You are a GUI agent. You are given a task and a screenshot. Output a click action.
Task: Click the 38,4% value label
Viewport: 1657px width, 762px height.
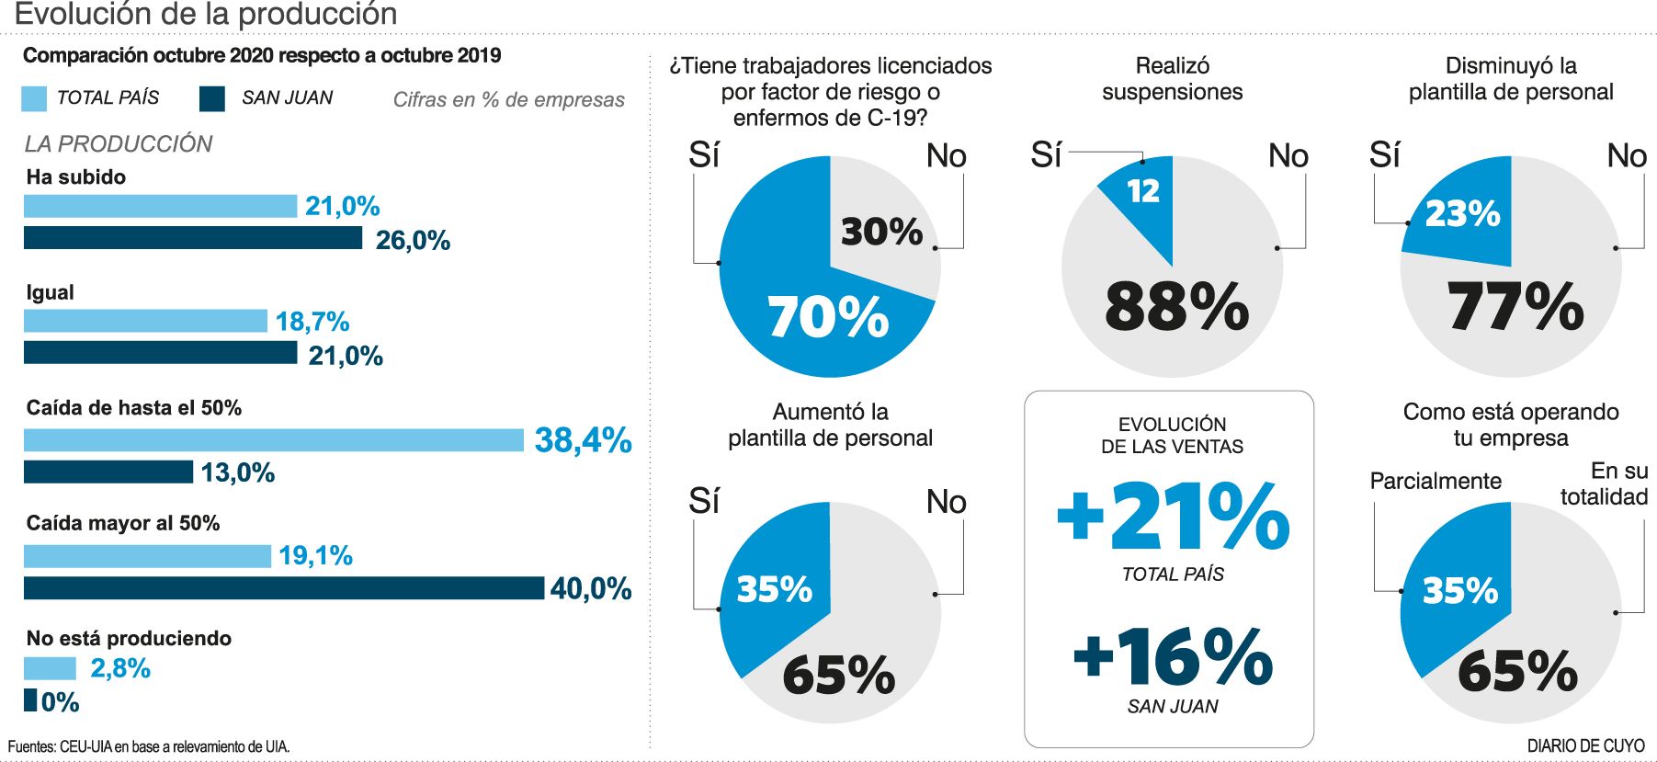583,440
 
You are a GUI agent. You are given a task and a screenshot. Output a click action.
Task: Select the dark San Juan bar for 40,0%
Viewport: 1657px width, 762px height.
284,588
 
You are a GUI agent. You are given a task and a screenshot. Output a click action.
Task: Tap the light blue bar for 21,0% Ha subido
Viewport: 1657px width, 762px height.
160,206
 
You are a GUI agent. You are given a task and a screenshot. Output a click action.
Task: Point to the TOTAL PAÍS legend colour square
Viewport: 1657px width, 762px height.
34,98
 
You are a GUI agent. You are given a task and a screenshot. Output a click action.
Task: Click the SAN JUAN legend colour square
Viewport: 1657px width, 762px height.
212,98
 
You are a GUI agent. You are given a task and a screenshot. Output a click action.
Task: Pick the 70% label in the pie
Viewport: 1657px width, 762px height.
828,317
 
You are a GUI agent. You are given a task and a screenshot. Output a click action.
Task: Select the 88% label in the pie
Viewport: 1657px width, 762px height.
1176,306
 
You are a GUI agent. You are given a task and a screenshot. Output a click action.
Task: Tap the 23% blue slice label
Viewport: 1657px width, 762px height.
1462,214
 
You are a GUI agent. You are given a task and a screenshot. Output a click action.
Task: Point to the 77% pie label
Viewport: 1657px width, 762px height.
1515,306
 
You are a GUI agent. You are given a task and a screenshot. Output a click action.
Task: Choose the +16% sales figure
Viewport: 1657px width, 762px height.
1173,656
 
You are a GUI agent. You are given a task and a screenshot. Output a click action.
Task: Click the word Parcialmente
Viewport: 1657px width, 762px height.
1435,481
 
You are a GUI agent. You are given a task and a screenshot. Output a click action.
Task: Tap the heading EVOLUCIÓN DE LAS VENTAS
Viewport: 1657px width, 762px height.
1172,436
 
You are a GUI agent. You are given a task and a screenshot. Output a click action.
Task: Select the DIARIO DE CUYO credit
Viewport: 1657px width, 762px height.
1585,746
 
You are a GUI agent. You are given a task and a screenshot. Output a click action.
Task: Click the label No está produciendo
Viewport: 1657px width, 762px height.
129,638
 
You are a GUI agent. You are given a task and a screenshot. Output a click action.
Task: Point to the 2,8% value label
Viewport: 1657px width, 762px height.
120,668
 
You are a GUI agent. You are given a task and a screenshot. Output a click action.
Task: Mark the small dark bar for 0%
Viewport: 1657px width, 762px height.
30,700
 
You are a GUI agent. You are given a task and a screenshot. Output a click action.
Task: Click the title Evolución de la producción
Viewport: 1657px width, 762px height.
206,14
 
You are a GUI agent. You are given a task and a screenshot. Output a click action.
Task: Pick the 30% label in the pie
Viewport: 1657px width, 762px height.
881,232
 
